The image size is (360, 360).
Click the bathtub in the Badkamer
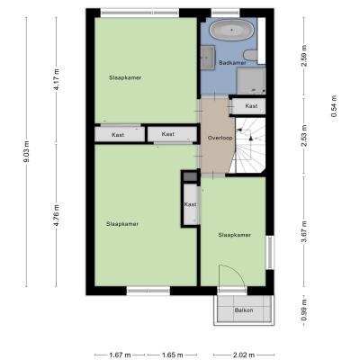point(231,30)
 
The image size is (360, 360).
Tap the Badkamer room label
point(232,63)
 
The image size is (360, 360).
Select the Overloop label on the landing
point(220,138)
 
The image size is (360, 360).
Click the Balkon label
point(244,310)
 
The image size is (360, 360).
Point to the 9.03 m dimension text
point(26,152)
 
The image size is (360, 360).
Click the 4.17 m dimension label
point(57,80)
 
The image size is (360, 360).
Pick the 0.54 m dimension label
point(334,106)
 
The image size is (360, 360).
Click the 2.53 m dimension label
point(304,136)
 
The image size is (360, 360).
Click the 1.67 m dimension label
point(120,355)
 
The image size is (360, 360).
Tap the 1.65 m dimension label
point(173,355)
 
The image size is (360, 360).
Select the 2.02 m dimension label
point(244,355)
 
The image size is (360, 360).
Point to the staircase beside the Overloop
point(249,146)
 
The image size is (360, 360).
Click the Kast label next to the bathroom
point(251,106)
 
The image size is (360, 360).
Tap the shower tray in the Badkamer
point(251,81)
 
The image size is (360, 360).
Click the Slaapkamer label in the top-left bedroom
point(125,77)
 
